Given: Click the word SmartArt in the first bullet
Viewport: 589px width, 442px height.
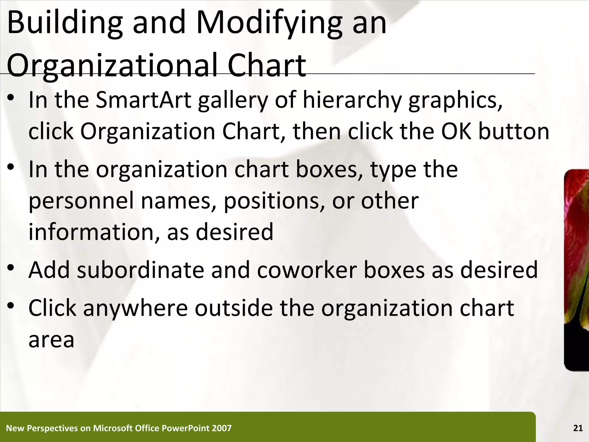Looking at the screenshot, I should click(143, 100).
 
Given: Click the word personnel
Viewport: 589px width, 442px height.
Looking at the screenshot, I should click(81, 201).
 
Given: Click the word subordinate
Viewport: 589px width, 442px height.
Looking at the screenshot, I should click(141, 270).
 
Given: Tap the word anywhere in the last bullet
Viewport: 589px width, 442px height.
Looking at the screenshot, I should click(135, 308).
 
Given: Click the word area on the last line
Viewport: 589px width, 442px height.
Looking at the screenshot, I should click(51, 340).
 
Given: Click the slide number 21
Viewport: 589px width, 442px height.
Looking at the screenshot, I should click(578, 428).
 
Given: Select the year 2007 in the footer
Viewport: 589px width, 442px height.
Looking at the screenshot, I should click(221, 428).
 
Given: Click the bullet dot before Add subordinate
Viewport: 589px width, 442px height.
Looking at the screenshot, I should click(11, 268).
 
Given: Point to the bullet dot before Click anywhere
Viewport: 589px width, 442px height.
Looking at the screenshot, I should click(11, 306).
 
